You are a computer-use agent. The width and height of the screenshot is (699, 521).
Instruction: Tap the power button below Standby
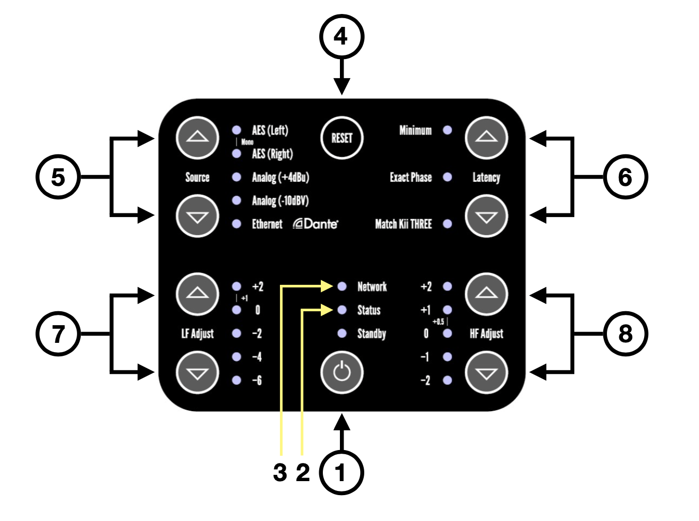tap(341, 372)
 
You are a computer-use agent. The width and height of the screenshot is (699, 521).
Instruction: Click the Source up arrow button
tap(197, 138)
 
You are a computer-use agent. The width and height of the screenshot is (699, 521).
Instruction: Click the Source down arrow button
tap(197, 216)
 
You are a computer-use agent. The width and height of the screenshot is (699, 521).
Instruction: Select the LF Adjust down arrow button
tap(197, 372)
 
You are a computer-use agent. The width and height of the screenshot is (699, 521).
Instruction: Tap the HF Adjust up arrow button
tap(486, 294)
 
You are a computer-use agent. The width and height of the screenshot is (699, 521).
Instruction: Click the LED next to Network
tap(341, 286)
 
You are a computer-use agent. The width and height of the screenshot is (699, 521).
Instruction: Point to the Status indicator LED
tap(341, 310)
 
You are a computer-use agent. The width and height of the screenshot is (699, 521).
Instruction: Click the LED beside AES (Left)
tap(236, 130)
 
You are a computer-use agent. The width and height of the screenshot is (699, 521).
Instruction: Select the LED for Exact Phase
tap(448, 177)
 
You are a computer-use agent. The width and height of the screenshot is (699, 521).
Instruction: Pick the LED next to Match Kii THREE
tap(448, 224)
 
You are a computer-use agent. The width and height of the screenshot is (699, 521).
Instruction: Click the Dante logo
tap(316, 224)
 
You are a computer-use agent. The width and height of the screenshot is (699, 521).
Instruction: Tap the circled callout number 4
tap(341, 37)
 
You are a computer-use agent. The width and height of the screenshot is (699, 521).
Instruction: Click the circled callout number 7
tap(58, 334)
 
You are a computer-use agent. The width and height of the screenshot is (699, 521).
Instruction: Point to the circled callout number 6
tap(625, 177)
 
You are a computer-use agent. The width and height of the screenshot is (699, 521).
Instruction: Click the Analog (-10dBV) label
tap(280, 200)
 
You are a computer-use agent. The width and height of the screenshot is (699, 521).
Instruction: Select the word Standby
tap(371, 334)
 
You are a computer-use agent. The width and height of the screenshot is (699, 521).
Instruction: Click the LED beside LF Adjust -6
tap(236, 380)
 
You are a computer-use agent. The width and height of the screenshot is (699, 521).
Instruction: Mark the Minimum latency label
tap(415, 130)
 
